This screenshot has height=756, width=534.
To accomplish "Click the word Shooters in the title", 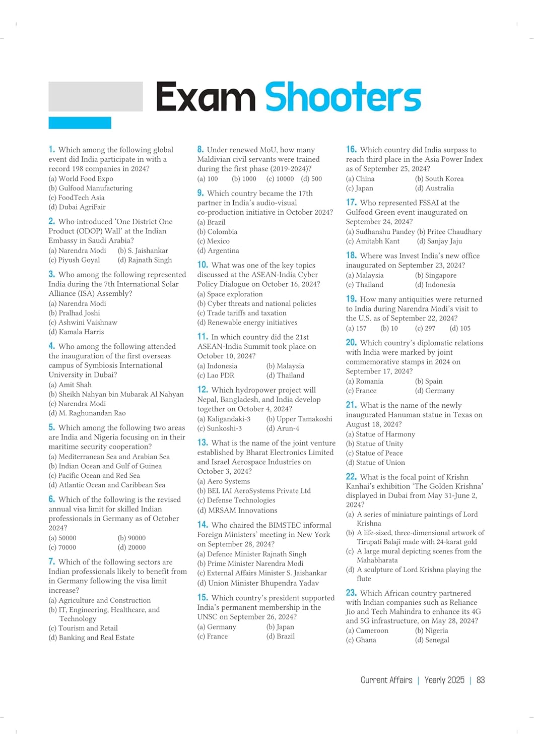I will (x=343, y=97).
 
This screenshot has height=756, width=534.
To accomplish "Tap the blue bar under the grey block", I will (x=80, y=122).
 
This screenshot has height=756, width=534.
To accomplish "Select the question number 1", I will (x=51, y=149).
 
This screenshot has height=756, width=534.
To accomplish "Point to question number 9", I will (x=201, y=193).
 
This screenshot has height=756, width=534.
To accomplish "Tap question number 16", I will (x=351, y=149).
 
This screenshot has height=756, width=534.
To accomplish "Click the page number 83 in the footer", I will (x=481, y=680).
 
